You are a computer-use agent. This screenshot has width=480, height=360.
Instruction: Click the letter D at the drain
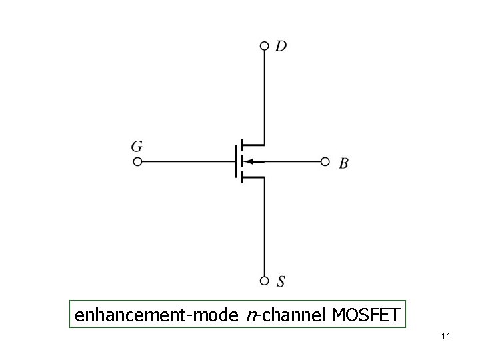281,46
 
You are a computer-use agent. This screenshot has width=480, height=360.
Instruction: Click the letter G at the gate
137,146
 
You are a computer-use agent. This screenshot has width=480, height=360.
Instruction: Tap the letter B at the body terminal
343,163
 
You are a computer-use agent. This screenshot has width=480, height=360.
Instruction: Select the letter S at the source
281,282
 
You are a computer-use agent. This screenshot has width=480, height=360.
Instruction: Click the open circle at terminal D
265,46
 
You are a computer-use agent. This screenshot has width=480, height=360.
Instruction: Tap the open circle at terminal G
137,161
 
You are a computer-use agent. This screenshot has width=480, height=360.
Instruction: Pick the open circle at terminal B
325,161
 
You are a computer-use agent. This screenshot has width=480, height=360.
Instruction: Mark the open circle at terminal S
265,281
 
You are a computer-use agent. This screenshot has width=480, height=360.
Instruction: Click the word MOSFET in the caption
363,313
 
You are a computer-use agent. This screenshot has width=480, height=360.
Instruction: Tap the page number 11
446,337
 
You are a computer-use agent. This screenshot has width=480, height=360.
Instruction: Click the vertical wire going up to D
265,93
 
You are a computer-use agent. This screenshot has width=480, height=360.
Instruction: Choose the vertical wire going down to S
265,227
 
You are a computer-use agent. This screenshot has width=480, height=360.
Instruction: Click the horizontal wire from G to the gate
187,161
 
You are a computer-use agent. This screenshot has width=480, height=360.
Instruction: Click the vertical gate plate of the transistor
235,161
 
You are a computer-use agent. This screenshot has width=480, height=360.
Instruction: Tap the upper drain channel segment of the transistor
241,145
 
